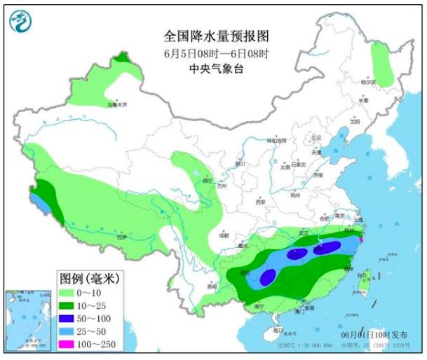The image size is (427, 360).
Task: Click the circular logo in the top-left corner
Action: point(20,23)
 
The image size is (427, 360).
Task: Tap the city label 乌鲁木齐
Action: point(117,105)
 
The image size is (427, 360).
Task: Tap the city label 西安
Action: point(261,201)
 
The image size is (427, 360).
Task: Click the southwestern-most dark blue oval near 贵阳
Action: point(267,278)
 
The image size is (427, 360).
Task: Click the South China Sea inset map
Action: point(27,319)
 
